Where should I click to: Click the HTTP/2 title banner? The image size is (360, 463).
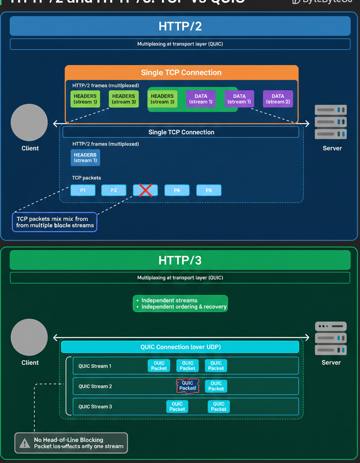coord(180,27)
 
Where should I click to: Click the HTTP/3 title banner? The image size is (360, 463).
coord(180,260)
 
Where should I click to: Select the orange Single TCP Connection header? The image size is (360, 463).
coord(181,73)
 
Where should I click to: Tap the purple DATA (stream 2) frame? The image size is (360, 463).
coord(278,99)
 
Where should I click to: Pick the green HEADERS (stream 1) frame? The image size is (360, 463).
coord(85,99)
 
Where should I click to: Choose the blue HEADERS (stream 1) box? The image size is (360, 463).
coord(85,158)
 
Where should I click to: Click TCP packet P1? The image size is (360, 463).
coord(83,190)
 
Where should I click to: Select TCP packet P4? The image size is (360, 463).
coord(177,190)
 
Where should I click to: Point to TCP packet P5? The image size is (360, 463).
coord(209,190)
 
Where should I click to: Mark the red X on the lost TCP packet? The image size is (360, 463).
coord(145,190)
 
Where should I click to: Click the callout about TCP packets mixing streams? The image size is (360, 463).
coord(55,222)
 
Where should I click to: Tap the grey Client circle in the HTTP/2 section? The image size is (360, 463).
coord(29,122)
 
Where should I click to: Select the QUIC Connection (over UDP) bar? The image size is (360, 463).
coord(180,347)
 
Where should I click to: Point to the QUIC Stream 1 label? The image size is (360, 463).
coord(95,366)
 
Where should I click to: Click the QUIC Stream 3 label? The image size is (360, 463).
coord(95,407)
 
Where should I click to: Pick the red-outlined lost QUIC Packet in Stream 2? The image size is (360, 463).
coord(188,386)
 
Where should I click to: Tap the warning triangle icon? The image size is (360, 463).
coord(25,443)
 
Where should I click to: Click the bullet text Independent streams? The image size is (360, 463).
coord(169,300)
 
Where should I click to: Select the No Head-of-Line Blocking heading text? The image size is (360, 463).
coord(68,440)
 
